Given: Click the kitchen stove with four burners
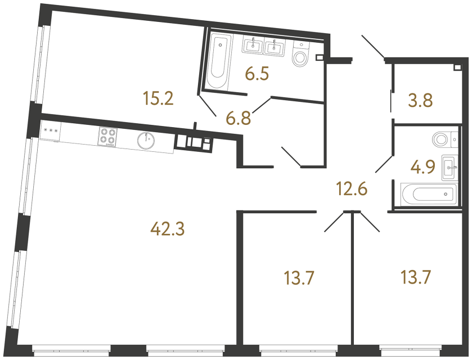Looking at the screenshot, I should coord(108,137).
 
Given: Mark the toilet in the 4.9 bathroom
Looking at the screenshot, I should coord(444,138).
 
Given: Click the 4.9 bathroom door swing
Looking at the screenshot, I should coord(384,163).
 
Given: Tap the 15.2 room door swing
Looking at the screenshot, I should coord(206,105).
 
